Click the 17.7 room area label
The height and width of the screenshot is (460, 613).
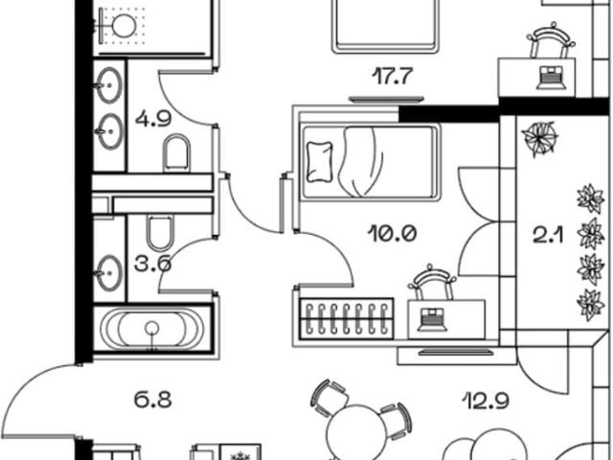click(392, 77)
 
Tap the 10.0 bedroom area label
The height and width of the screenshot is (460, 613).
click(392, 234)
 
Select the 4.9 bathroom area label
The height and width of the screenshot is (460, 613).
click(153, 119)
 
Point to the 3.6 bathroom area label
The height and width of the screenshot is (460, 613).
click(152, 264)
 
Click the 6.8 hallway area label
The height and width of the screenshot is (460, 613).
click(153, 401)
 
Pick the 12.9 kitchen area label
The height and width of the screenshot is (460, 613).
click(486, 401)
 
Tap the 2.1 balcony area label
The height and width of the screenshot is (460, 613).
click(548, 236)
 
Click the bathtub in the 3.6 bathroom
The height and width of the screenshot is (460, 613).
click(152, 329)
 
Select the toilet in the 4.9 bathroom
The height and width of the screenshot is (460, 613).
click(176, 153)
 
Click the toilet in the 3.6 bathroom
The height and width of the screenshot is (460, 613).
click(160, 233)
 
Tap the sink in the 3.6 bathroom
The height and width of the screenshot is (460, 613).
click(109, 273)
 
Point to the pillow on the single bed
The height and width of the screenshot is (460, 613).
click(320, 162)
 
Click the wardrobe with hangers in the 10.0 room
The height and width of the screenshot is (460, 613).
click(347, 318)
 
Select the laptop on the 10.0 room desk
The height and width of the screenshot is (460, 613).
click(432, 319)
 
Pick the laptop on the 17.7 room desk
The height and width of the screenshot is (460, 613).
click(552, 78)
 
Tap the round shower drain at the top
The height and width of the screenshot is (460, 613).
click(125, 25)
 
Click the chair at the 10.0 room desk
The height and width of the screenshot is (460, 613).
click(432, 282)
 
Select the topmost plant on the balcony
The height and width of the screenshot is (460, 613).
click(540, 138)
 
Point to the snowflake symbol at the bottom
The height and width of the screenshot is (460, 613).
click(238, 456)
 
